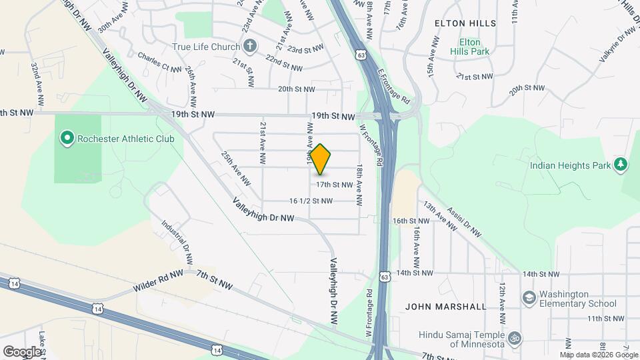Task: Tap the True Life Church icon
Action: (x=249, y=46)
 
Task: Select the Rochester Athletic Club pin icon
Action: (x=67, y=139)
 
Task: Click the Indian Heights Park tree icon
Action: (x=621, y=164)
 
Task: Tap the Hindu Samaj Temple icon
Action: (x=514, y=339)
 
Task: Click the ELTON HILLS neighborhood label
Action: (x=465, y=23)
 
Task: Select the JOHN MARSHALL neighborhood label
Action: (x=446, y=307)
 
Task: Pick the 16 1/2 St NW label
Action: (x=311, y=201)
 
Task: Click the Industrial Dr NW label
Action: (x=177, y=238)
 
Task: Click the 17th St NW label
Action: (x=334, y=184)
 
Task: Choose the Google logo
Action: (x=22, y=351)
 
